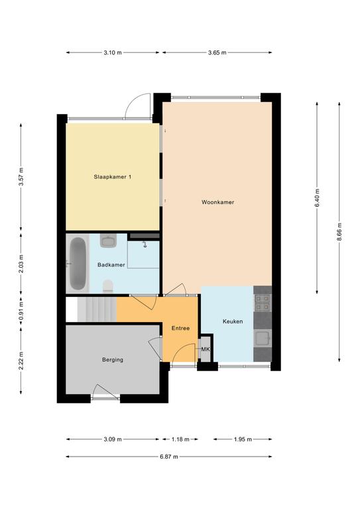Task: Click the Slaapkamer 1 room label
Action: (x=112, y=177)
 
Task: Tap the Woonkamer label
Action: (x=218, y=202)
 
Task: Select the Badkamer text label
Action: (x=111, y=265)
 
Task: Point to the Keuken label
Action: (x=233, y=321)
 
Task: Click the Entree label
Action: (x=180, y=328)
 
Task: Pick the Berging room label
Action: (x=113, y=360)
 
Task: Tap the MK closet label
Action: (x=206, y=350)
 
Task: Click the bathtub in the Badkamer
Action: (x=78, y=264)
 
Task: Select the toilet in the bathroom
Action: (x=108, y=286)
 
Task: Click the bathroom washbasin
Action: (x=108, y=241)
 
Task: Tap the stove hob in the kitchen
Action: (x=263, y=302)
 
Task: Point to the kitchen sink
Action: (x=263, y=338)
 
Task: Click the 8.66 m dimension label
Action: (x=339, y=232)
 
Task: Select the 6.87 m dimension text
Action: (x=169, y=457)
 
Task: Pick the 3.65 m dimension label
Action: (x=217, y=52)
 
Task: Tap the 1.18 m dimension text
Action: (x=180, y=439)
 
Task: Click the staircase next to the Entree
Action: (x=97, y=310)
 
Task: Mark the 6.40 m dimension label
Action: (x=317, y=198)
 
